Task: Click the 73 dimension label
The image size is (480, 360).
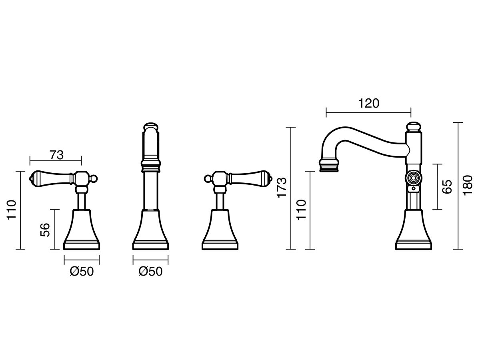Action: point(57,155)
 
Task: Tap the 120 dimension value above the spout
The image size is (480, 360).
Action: point(369,103)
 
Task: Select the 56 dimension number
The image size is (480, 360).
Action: point(45,230)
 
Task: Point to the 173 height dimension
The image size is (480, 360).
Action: point(282,188)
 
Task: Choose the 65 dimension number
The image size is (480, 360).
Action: point(447,187)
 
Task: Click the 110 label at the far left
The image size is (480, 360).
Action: point(12,210)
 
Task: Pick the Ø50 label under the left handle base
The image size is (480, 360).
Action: point(82,272)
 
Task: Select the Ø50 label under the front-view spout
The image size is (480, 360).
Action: point(150,272)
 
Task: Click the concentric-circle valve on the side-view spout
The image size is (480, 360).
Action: point(413,178)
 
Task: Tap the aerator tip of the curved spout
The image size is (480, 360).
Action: point(329,166)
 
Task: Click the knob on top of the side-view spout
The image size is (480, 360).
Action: point(413,127)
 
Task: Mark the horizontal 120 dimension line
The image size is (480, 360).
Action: point(368,113)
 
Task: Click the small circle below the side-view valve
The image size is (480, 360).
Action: point(414,188)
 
